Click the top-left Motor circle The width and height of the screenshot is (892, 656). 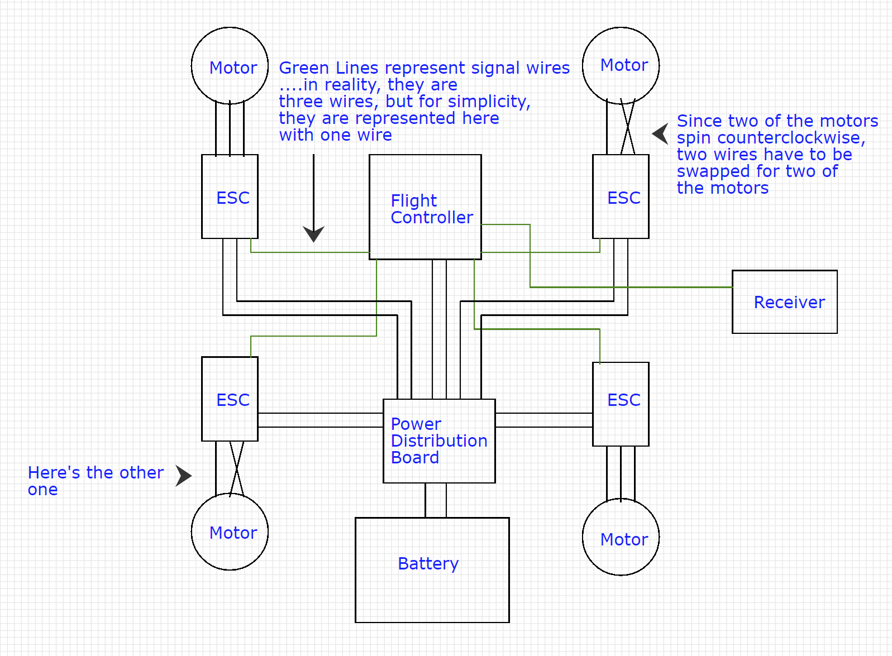click(x=230, y=66)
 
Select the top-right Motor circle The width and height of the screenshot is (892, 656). click(x=621, y=66)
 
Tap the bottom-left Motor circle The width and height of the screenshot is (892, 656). click(x=230, y=531)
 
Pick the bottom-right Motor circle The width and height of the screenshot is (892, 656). click(x=621, y=537)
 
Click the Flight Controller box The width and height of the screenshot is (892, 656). click(x=425, y=207)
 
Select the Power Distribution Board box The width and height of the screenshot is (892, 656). click(x=439, y=441)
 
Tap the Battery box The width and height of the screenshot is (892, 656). click(x=432, y=569)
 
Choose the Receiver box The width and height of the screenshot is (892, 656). click(x=784, y=302)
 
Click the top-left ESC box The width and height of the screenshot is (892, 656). click(x=230, y=197)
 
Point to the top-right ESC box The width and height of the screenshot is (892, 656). click(x=621, y=197)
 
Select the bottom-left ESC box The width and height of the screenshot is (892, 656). click(x=230, y=399)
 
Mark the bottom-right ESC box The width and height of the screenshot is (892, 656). click(x=621, y=404)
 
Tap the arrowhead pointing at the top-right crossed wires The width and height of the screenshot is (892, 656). click(x=661, y=133)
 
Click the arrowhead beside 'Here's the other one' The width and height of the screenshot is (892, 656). click(x=183, y=476)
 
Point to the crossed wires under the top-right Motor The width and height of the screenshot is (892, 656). click(x=628, y=128)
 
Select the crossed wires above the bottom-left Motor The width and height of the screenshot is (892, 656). click(x=237, y=468)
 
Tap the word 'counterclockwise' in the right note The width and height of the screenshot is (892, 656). click(x=791, y=138)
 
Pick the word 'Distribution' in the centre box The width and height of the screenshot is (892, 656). click(x=439, y=441)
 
